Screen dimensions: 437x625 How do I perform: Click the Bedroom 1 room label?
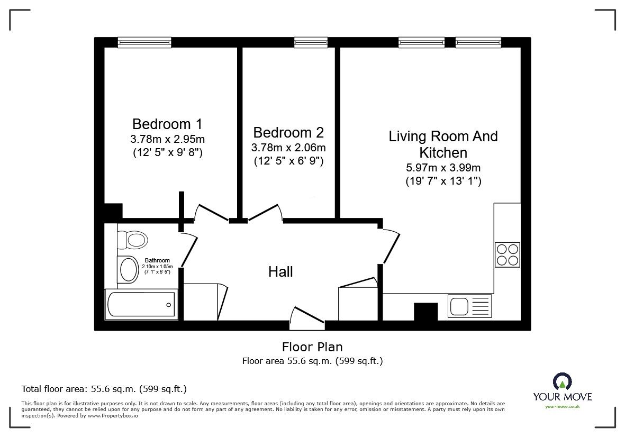coord(167,124)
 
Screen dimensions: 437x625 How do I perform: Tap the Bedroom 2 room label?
coord(288,132)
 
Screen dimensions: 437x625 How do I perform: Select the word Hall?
coord(280,272)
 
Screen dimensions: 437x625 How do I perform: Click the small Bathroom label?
coord(157,260)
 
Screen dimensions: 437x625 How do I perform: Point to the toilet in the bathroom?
coord(132,240)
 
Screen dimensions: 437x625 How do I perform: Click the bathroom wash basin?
coord(128,269)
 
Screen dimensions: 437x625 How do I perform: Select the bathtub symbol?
coord(141,305)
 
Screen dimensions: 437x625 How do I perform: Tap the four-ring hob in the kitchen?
coord(507,254)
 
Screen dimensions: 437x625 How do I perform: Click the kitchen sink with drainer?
coord(469,306)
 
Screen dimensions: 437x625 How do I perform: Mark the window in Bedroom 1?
coord(141,42)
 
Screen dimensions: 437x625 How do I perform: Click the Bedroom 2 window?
coord(311,42)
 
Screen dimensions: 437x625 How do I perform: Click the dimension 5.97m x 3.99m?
coord(443,168)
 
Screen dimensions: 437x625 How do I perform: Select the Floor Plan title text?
coord(312,347)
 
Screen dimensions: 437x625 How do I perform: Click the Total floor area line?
coord(104,389)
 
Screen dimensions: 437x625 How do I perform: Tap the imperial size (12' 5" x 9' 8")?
coord(167,153)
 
